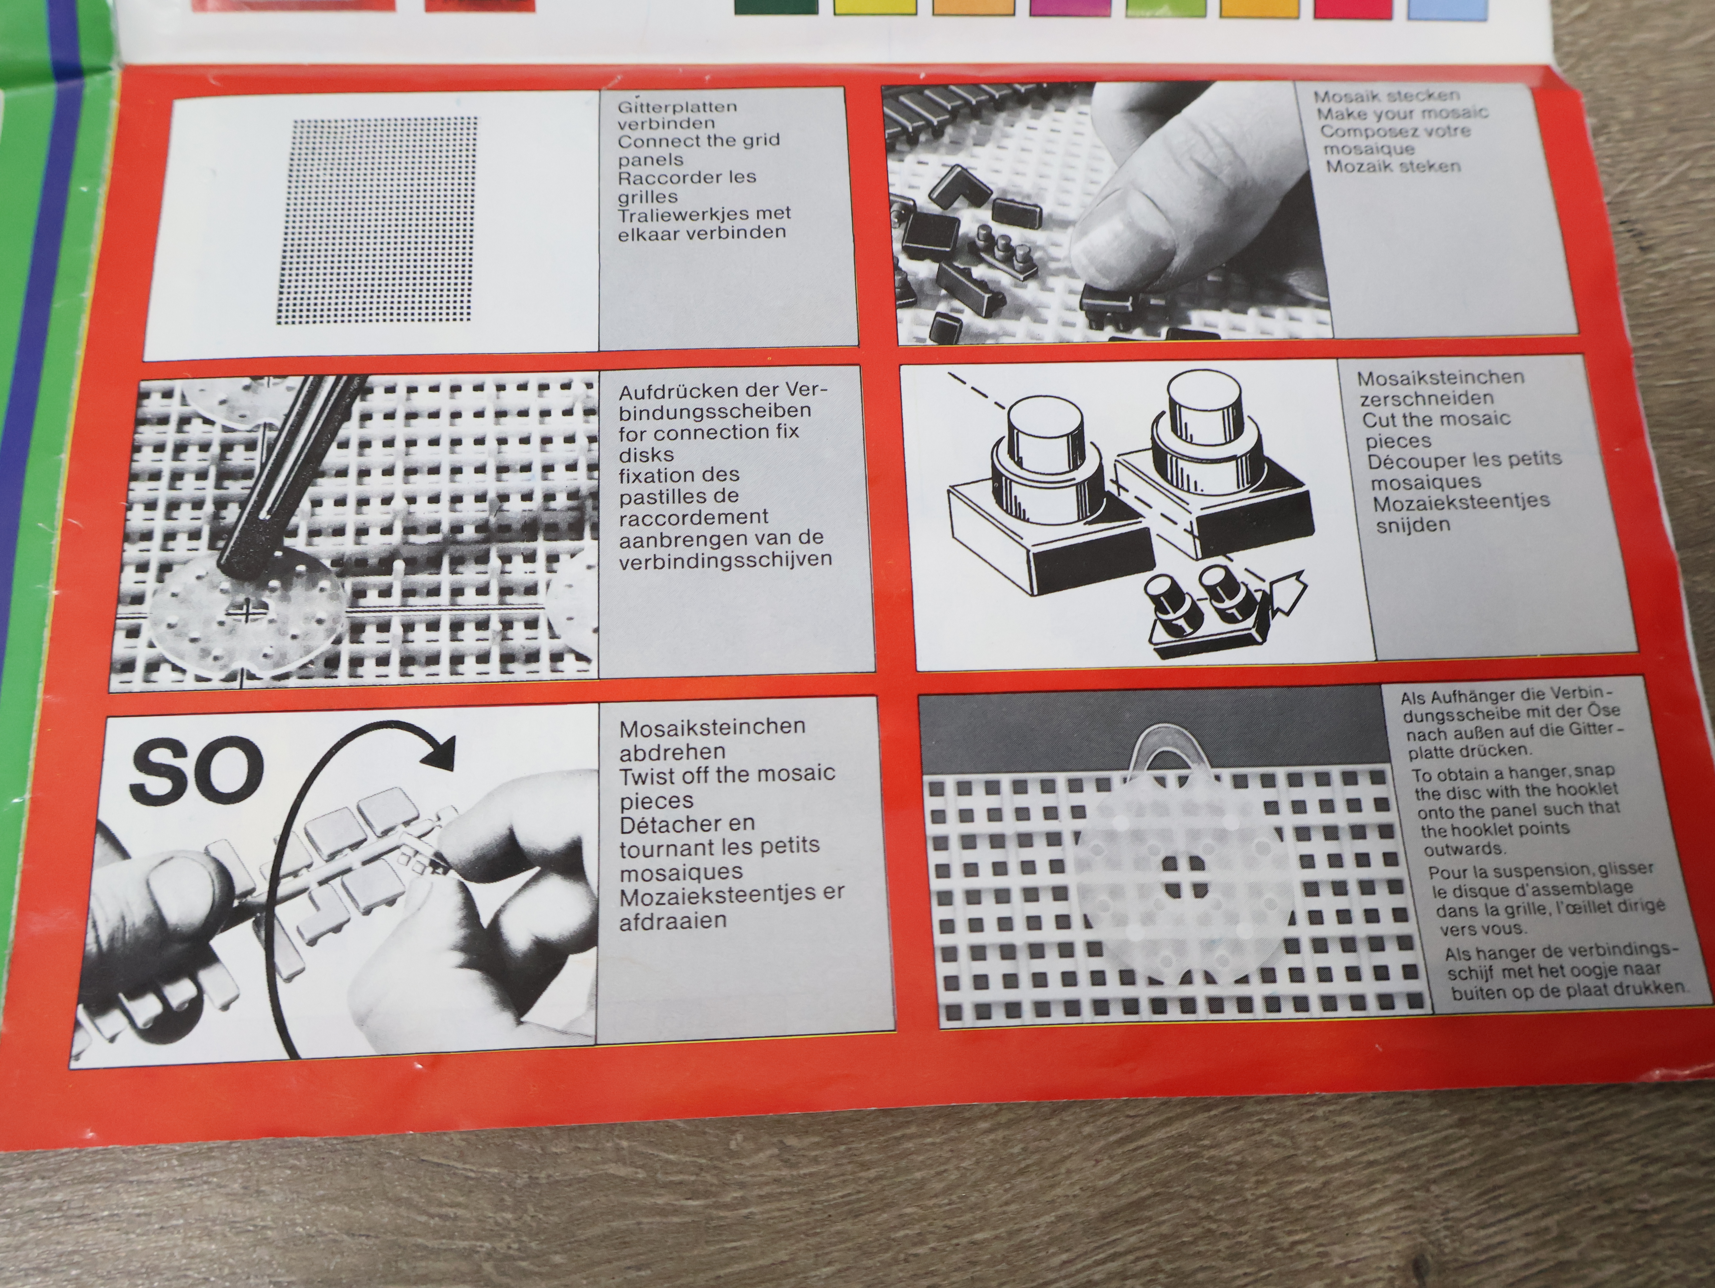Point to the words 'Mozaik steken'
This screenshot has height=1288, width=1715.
pos(1394,166)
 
